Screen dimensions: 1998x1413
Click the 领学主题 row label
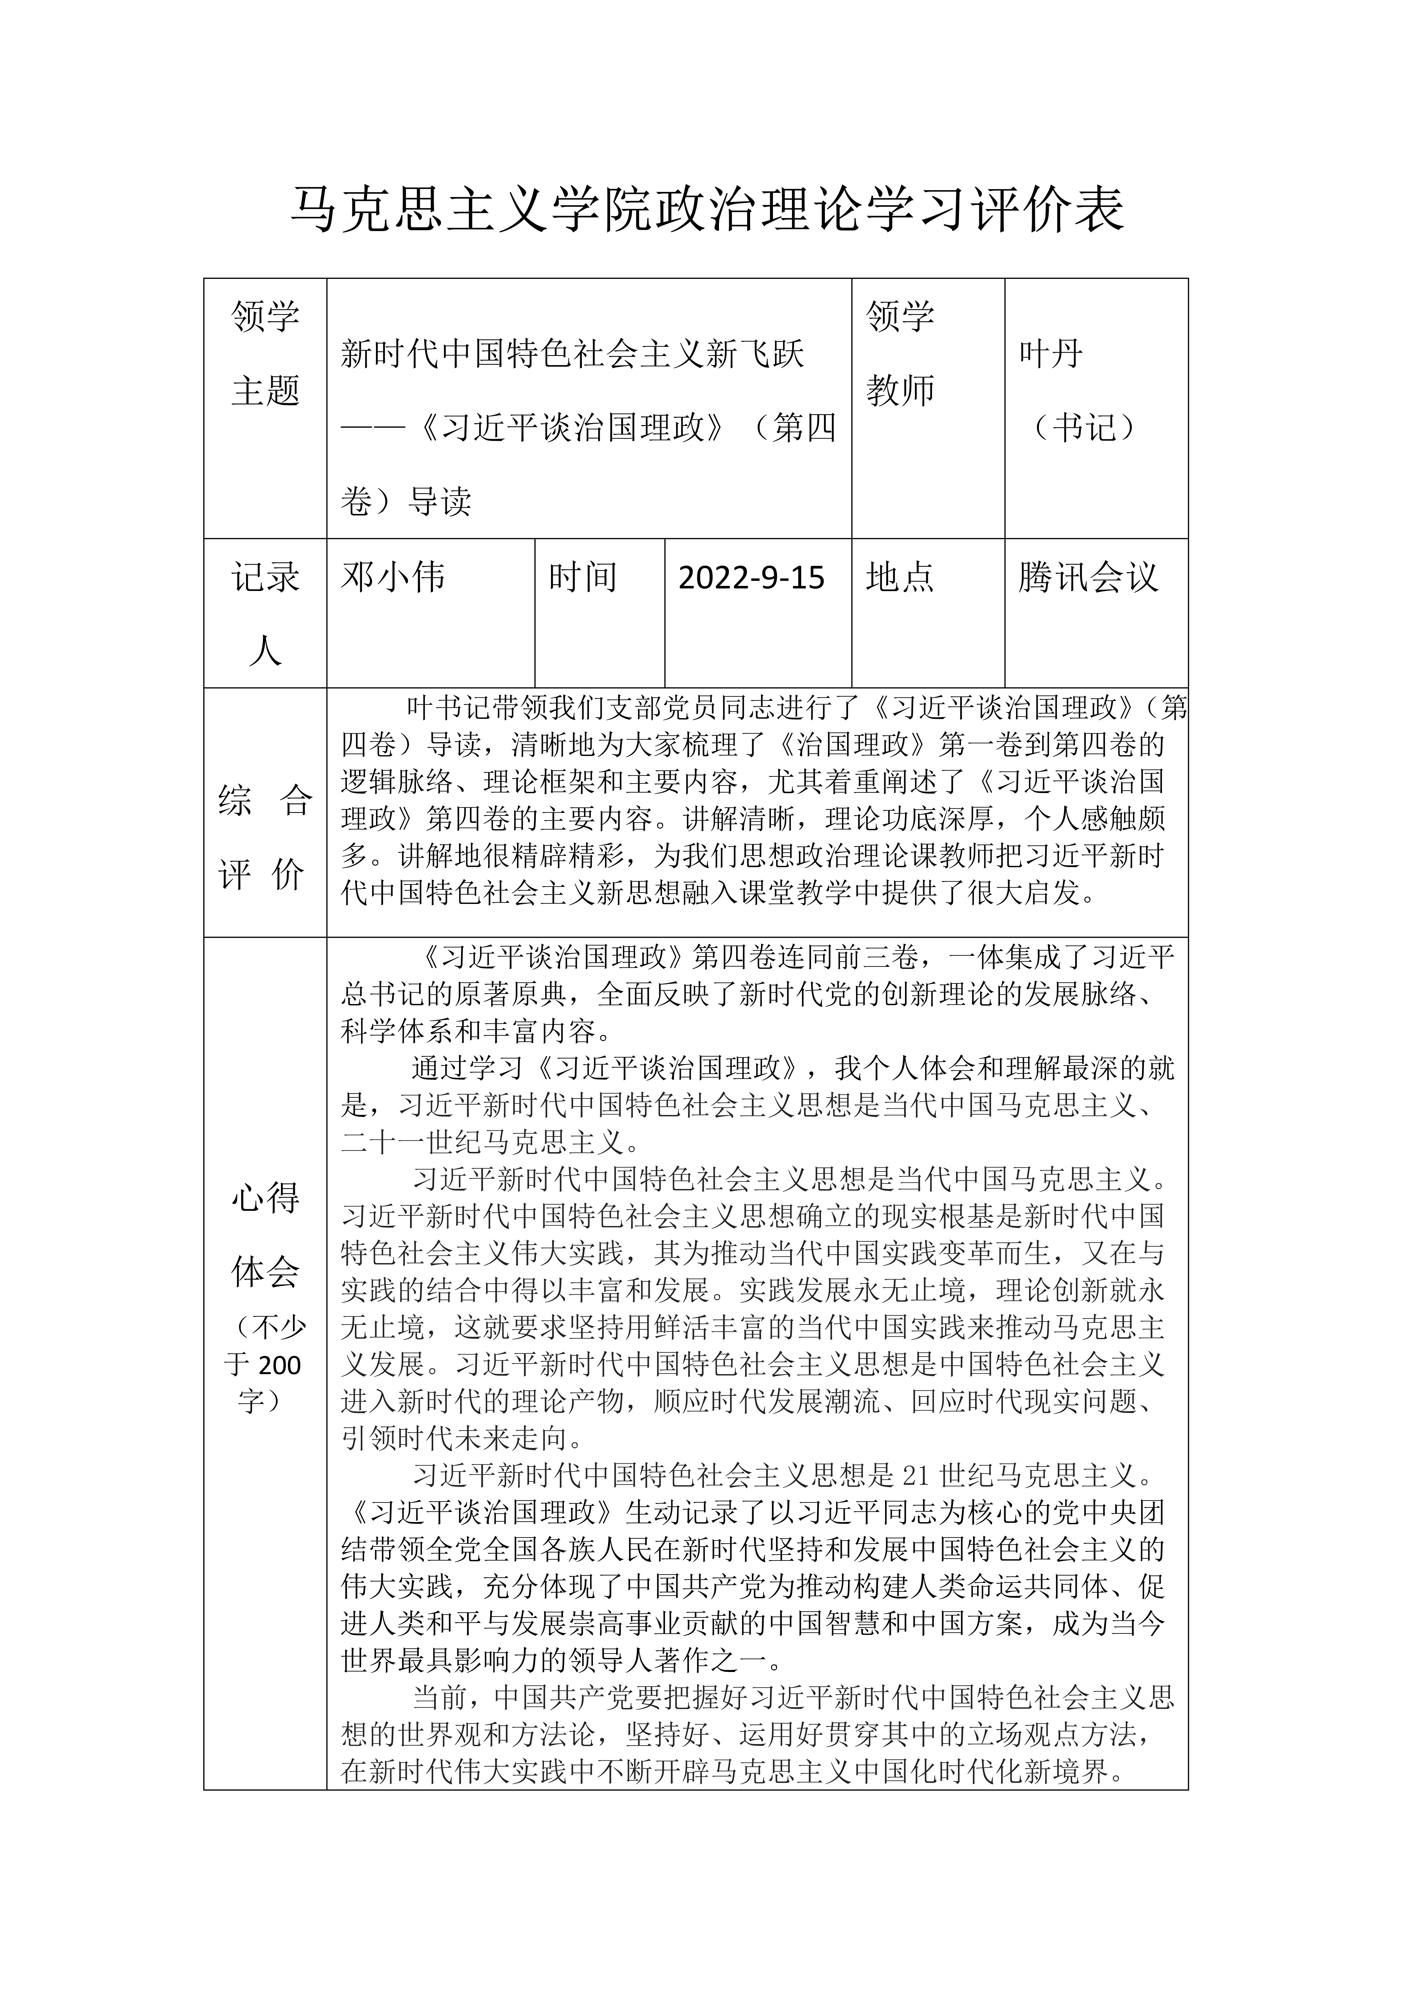tap(266, 353)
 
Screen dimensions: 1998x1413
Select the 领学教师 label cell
tap(900, 353)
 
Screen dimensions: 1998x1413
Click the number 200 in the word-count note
tap(280, 1365)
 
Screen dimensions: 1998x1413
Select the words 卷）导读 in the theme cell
tap(406, 501)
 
